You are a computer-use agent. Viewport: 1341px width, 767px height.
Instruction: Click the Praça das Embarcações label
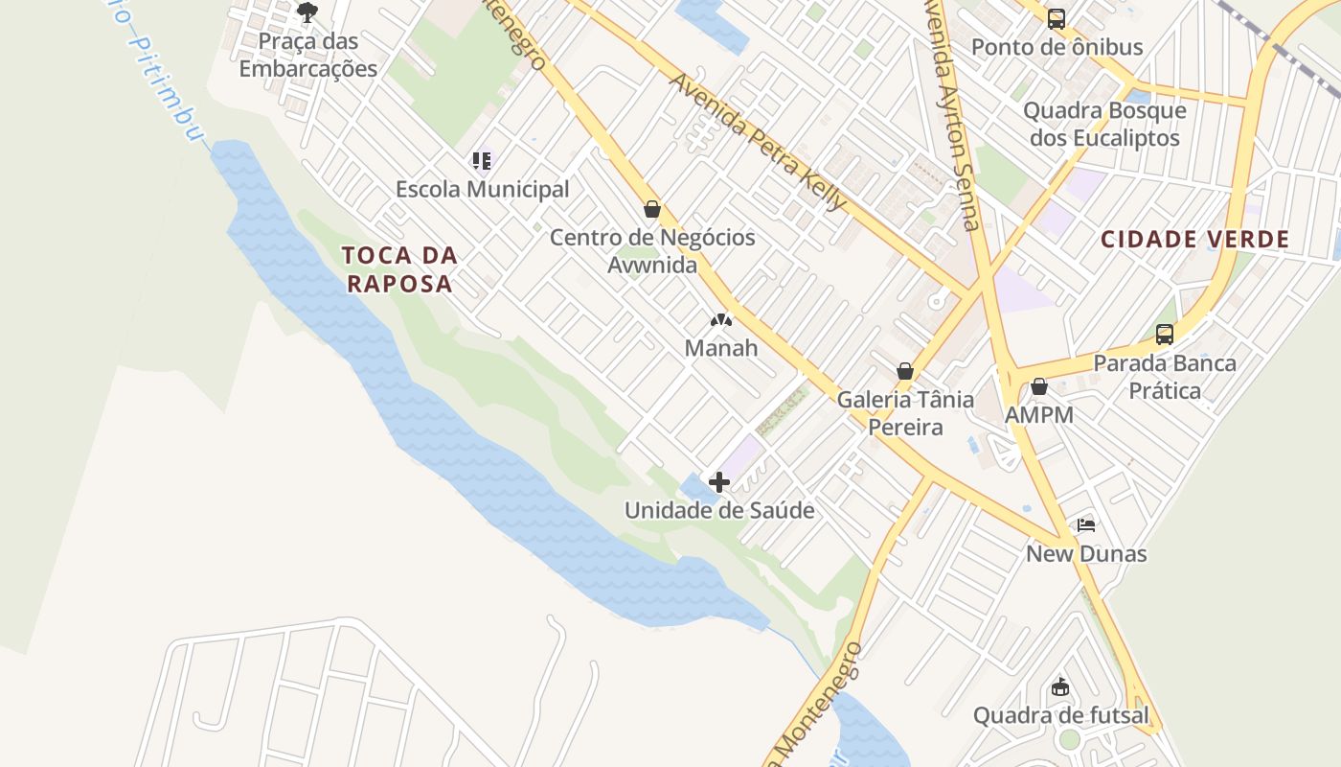(308, 55)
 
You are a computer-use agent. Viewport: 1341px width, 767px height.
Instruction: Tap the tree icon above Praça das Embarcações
(307, 12)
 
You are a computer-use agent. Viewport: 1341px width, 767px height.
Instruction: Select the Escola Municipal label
(483, 189)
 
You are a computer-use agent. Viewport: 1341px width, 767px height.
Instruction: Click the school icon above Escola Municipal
(482, 160)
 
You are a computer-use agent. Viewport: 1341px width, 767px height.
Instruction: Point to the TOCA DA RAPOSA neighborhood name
(399, 269)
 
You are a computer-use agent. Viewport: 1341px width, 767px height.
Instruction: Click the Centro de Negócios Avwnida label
(652, 251)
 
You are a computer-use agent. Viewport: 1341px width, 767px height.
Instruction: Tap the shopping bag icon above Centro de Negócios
(652, 209)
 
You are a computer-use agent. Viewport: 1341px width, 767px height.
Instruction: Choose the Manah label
(721, 348)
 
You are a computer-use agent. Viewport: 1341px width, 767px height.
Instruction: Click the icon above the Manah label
(721, 319)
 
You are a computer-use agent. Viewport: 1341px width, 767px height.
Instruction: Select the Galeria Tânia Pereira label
(905, 413)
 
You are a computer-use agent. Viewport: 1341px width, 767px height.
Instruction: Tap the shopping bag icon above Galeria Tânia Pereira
(905, 371)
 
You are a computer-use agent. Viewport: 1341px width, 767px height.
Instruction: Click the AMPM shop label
(1039, 415)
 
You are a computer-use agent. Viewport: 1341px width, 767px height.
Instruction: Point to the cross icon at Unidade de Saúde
(719, 481)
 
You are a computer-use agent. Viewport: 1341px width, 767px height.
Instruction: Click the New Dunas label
(1086, 554)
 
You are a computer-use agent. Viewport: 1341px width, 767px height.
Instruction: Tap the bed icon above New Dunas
(1086, 525)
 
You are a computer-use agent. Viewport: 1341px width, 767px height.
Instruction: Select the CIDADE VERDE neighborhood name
(1195, 240)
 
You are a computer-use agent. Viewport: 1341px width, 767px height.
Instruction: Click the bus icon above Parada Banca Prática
(1165, 335)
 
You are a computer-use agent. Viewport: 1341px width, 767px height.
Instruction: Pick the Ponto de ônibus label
(1057, 47)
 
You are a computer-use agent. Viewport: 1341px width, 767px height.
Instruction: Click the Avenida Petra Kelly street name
(758, 142)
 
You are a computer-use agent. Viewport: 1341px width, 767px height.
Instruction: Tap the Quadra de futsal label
(1060, 715)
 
